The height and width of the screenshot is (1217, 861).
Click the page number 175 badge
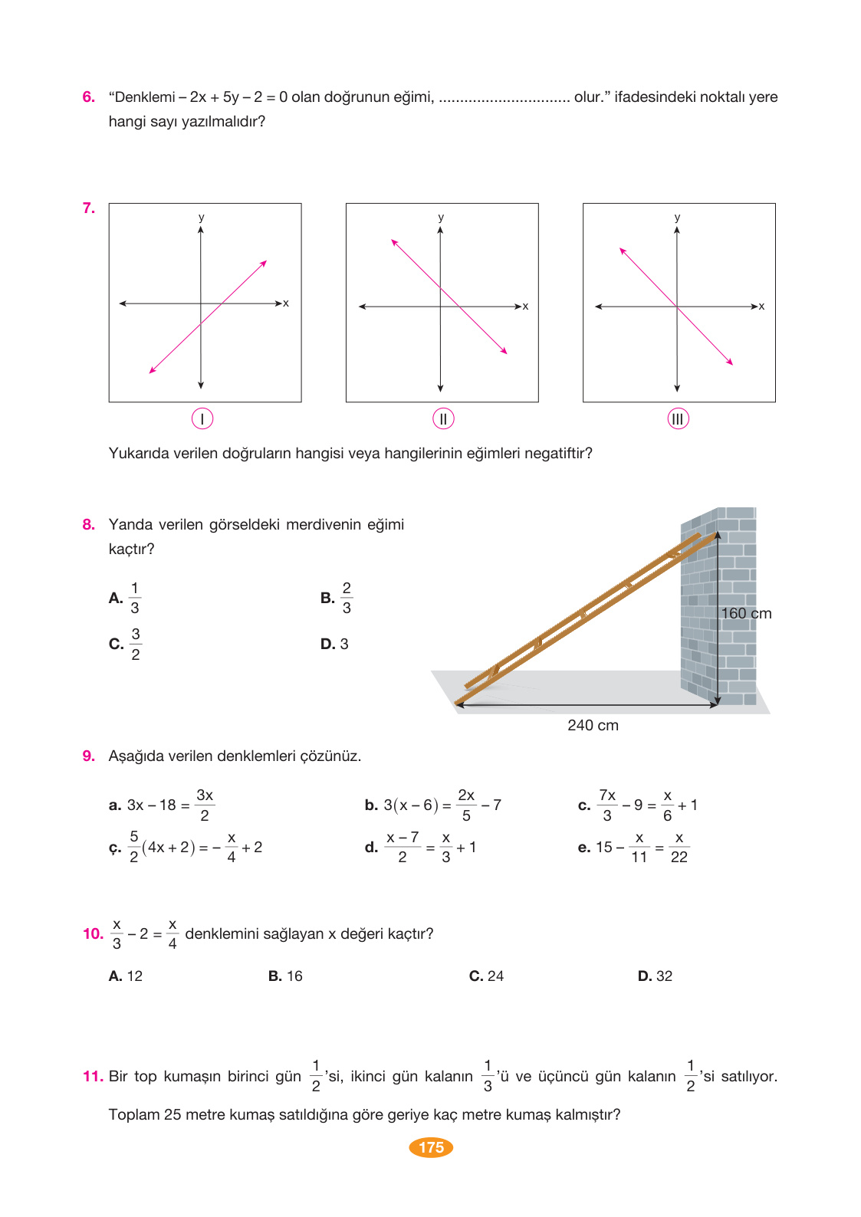click(431, 1147)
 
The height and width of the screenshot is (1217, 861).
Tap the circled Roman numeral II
click(443, 418)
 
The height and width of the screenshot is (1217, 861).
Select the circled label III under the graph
click(678, 418)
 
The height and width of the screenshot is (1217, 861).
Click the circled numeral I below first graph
click(202, 418)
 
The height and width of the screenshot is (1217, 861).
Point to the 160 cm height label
click(746, 613)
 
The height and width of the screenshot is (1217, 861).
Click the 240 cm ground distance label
click(593, 725)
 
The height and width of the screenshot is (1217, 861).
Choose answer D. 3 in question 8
click(335, 644)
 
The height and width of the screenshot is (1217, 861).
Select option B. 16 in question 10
click(285, 976)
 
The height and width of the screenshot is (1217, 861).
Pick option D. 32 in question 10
click(655, 976)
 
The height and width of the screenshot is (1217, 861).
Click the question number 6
click(89, 97)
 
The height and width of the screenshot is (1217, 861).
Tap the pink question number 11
click(92, 1076)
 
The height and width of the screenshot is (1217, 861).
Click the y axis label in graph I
click(202, 218)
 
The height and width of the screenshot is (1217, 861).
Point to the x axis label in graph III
click(761, 306)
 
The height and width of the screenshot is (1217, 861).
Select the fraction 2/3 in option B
click(347, 598)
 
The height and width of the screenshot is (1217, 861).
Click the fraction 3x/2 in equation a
click(205, 805)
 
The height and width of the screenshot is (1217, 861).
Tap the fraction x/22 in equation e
click(679, 847)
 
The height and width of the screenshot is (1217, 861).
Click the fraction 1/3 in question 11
click(488, 1076)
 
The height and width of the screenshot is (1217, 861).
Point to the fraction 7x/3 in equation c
click(607, 805)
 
